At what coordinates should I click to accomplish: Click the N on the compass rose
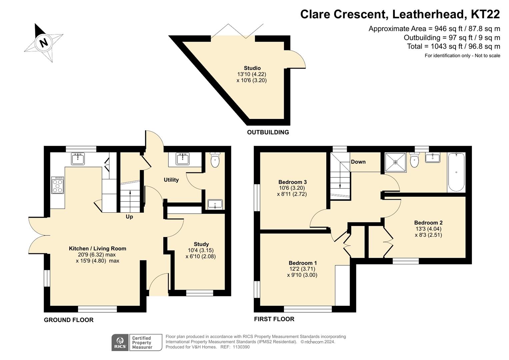point(43,42)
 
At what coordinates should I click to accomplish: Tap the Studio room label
point(252,68)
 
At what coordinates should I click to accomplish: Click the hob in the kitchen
point(58,185)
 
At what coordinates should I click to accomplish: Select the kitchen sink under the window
point(78,159)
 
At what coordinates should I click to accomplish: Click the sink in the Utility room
point(183,159)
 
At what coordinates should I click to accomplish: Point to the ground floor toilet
point(215,160)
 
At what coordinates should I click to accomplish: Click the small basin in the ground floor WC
point(215,204)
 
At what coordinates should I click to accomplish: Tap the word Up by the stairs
point(129,217)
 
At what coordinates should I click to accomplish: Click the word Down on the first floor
point(358,162)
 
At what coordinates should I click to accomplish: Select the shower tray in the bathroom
point(396,162)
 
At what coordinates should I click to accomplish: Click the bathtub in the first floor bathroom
point(456,172)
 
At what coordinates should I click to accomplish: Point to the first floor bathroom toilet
point(414,160)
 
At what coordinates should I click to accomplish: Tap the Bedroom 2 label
point(428,223)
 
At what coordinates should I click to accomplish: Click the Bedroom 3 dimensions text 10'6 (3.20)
point(292,188)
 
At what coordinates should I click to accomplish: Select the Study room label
point(201,244)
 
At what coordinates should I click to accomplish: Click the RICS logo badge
point(120,343)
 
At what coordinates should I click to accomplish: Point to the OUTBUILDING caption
point(268,132)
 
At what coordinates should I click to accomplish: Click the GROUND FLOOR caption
point(69,320)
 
